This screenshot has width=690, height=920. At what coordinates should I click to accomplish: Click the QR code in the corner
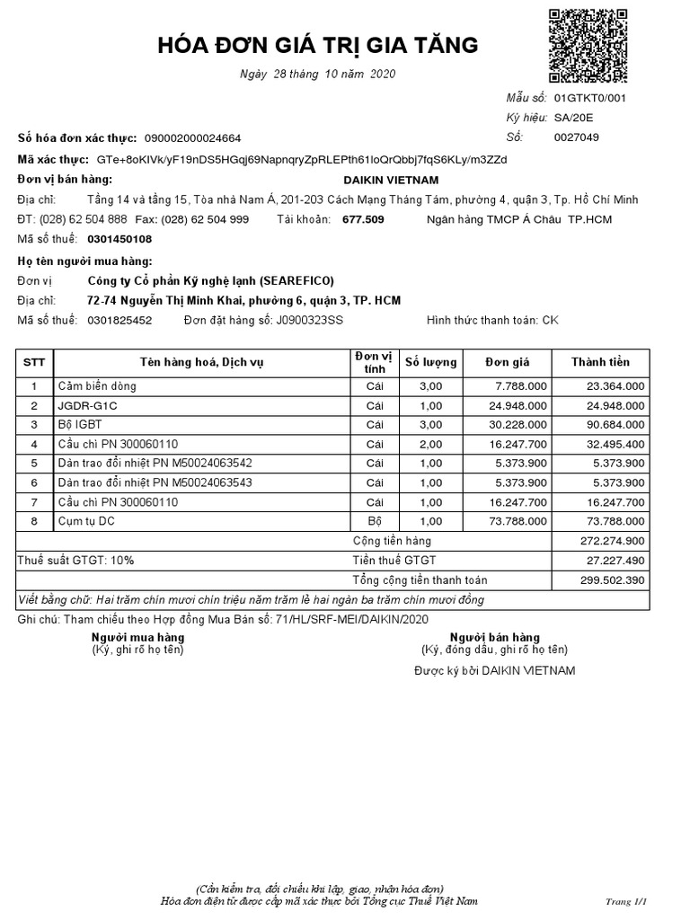tap(588, 45)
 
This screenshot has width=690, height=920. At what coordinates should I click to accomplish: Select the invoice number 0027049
tap(577, 137)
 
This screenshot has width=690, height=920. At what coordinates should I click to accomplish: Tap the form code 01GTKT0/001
tap(589, 98)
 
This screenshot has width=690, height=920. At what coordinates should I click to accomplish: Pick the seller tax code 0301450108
tap(119, 239)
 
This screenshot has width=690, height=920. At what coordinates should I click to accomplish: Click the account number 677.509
tap(363, 219)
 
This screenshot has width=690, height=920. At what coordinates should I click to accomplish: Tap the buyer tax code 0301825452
tap(119, 320)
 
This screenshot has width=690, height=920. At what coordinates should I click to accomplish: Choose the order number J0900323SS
tap(309, 320)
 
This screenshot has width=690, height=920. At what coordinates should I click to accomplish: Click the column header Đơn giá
tap(508, 362)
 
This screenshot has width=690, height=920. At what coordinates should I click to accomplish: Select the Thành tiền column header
tap(600, 362)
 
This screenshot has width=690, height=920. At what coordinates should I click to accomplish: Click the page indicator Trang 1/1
tap(626, 900)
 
